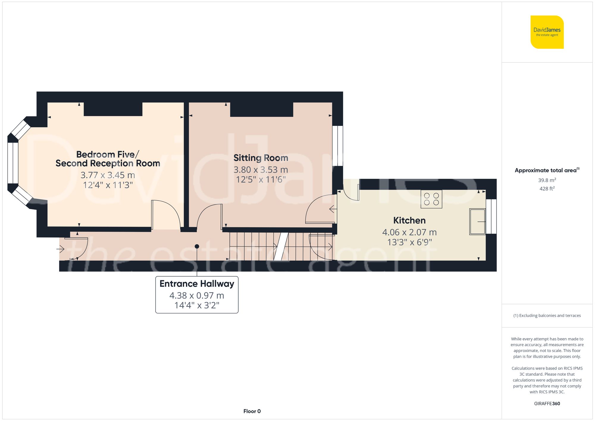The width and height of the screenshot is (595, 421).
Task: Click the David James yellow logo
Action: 547,32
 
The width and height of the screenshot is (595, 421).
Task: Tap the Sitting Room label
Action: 261,158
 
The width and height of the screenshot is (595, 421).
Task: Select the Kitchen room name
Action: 409,220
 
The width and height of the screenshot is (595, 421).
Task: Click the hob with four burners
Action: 431,199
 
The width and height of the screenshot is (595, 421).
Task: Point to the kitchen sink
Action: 477,222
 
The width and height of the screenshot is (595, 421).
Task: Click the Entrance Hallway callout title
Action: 197,284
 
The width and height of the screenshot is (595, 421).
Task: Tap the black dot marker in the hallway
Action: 197,246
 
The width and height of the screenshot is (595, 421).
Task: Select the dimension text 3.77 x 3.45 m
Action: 108,175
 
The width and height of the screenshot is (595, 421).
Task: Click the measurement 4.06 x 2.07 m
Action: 409,232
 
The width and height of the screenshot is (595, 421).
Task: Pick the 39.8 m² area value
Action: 547,180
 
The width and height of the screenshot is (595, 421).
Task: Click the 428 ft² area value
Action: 547,189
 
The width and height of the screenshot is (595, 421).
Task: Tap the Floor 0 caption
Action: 252,411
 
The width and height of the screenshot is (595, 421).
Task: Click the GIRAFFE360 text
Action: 547,404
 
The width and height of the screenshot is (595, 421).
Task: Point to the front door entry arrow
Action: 61,248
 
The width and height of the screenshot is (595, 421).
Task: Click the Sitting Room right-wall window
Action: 338,146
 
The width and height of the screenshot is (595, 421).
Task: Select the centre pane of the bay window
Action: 13,163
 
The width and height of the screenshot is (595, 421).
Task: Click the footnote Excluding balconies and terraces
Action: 547,316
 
